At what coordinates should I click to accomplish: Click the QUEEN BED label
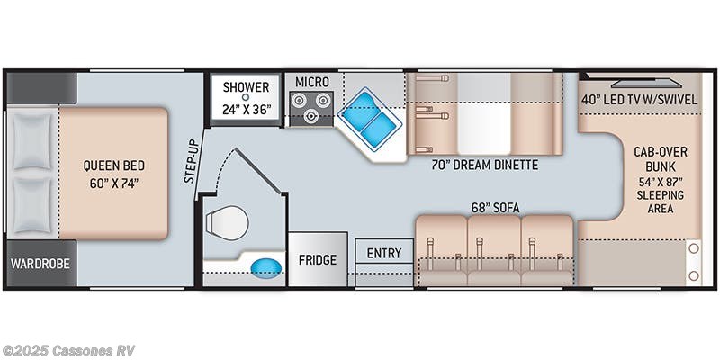113,166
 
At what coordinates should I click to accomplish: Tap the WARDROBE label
40,264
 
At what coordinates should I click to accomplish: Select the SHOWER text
246,87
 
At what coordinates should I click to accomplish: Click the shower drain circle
245,99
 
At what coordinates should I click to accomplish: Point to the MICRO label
312,83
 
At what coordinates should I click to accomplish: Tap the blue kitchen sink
370,117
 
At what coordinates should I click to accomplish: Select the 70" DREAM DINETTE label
484,166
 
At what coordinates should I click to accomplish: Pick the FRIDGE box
318,260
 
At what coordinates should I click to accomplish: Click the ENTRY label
384,253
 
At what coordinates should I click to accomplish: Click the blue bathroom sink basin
263,267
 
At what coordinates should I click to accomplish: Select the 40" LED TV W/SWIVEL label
639,99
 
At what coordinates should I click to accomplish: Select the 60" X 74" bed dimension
113,184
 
